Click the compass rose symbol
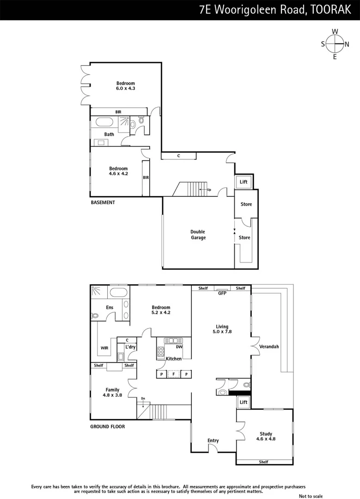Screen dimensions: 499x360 tap(335, 44)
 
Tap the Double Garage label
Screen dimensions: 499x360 tap(198, 235)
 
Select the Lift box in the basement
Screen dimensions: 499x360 tap(244, 182)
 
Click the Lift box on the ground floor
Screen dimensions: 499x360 tap(244, 402)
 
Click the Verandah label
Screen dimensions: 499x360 tap(269, 347)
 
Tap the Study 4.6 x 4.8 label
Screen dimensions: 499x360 tap(266, 436)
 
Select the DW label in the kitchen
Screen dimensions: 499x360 tap(179, 347)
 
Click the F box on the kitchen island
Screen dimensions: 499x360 tap(174, 374)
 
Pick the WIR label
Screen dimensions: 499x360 tap(104, 348)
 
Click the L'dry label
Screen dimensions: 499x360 tap(129, 347)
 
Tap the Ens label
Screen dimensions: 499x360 tap(110, 307)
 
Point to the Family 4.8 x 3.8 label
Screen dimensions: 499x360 tap(112, 392)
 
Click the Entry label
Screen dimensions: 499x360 tap(213, 440)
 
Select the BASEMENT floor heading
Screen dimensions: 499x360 tap(103, 202)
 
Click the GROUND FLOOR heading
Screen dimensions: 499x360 tap(107, 426)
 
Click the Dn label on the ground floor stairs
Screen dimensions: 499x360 tap(143, 398)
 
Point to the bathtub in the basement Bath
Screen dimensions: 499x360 tap(104, 123)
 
